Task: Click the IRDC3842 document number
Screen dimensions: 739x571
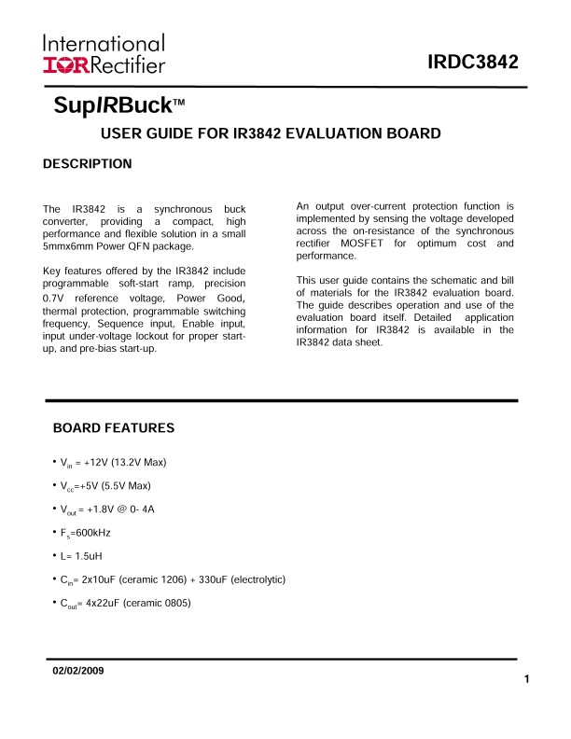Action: [472, 63]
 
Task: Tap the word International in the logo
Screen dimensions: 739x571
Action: [103, 43]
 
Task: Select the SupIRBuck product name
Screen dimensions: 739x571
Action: [114, 105]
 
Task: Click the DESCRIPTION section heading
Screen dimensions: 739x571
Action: [88, 164]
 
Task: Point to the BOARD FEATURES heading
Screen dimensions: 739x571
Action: [114, 428]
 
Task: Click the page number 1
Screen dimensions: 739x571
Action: [527, 678]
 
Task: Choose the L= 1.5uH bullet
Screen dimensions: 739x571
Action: [89, 556]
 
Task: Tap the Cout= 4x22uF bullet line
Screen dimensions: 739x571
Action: [126, 603]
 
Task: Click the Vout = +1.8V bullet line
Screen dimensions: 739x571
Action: [114, 509]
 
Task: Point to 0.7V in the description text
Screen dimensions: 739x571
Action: [57, 296]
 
